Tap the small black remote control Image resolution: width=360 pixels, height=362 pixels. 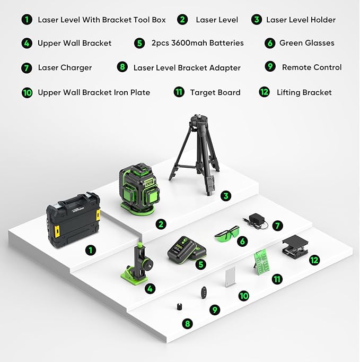click(204, 292)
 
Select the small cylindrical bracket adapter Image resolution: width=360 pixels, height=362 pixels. click(179, 307)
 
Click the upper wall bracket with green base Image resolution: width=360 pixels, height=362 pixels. click(138, 264)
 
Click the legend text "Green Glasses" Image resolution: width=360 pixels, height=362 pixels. click(306, 43)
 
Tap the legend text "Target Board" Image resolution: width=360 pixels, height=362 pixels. click(215, 92)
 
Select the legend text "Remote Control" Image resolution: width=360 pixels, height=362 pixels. click(311, 67)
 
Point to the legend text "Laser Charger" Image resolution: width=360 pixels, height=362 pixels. click(65, 68)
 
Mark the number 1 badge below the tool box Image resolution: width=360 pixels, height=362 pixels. click(91, 249)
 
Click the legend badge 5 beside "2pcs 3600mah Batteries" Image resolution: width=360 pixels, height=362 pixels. click(139, 43)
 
